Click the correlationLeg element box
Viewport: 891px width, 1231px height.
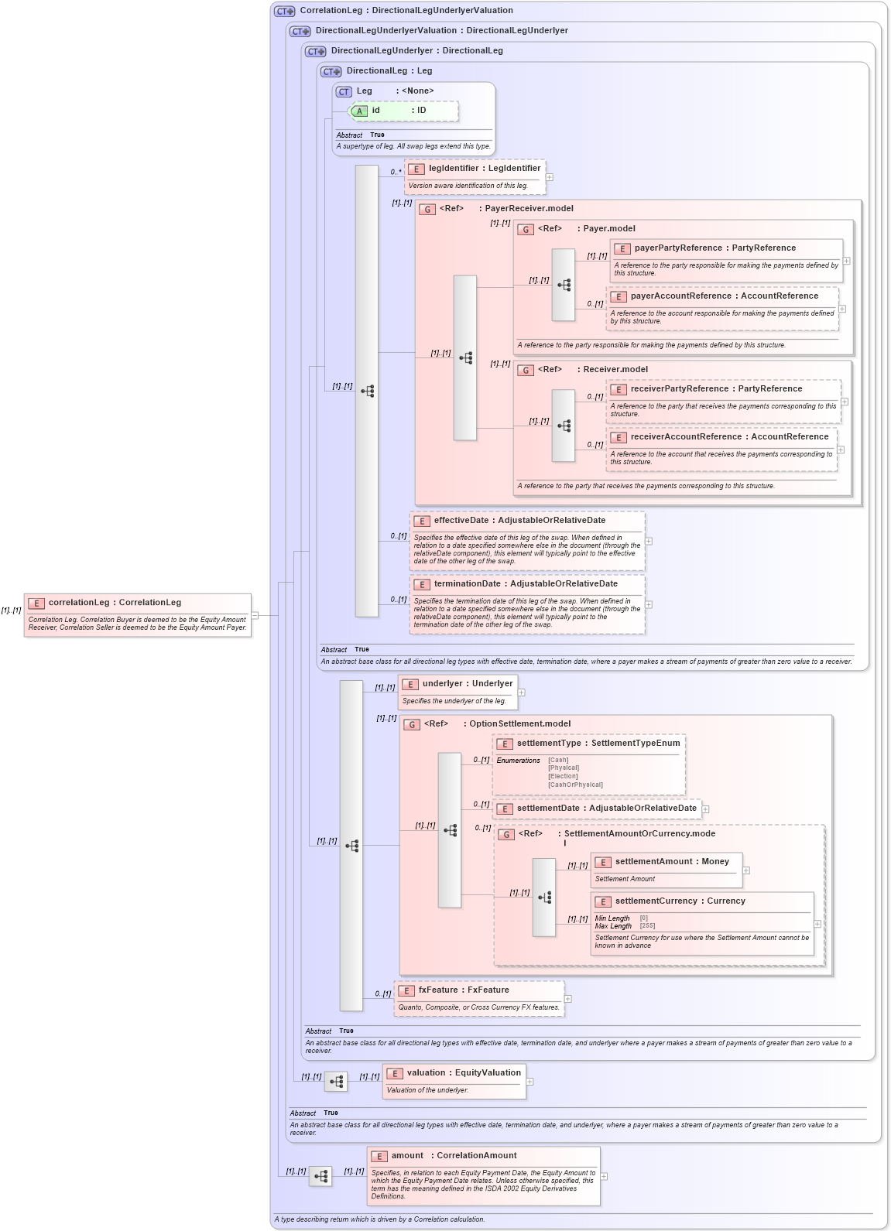[137, 614]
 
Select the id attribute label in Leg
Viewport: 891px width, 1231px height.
[375, 111]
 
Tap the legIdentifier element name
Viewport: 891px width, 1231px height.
[454, 169]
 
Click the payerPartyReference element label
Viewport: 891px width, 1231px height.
[677, 248]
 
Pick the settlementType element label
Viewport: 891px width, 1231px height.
[549, 744]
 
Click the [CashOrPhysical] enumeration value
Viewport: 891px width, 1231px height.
[575, 785]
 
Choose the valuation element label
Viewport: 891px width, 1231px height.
[426, 1073]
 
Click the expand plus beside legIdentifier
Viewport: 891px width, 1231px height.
[550, 177]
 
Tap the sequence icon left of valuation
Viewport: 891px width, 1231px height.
[336, 1081]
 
